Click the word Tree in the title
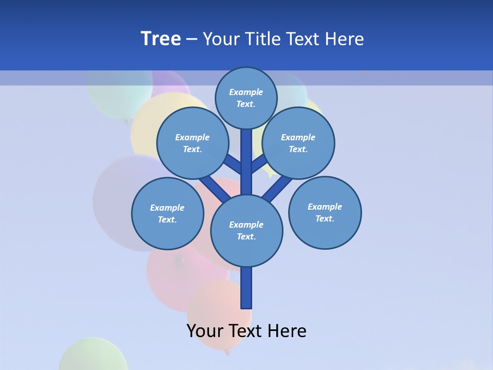click(x=161, y=39)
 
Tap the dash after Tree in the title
click(x=192, y=40)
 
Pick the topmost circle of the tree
click(x=246, y=98)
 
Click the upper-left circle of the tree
click(x=193, y=143)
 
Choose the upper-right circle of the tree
click(x=298, y=143)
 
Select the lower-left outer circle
click(x=167, y=213)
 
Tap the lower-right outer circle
click(x=325, y=212)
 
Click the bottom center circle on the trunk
click(x=246, y=230)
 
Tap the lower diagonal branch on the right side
click(x=277, y=189)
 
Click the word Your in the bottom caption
click(x=205, y=331)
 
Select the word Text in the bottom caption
click(x=246, y=331)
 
